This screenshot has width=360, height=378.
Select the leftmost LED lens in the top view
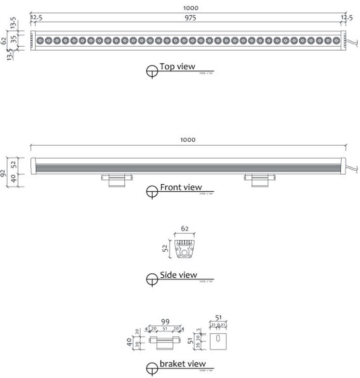(40, 40)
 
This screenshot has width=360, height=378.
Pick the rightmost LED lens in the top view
(336, 40)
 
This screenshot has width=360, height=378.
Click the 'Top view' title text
(177, 67)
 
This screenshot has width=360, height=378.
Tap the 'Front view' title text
(181, 187)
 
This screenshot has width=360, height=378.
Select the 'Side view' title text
(178, 275)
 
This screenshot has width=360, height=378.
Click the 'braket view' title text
(183, 364)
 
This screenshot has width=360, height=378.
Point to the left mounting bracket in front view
(116, 179)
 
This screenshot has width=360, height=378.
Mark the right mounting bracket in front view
(259, 179)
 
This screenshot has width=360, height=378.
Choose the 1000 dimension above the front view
(188, 139)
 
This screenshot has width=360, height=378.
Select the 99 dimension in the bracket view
(165, 322)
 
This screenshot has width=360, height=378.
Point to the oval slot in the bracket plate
(217, 338)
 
